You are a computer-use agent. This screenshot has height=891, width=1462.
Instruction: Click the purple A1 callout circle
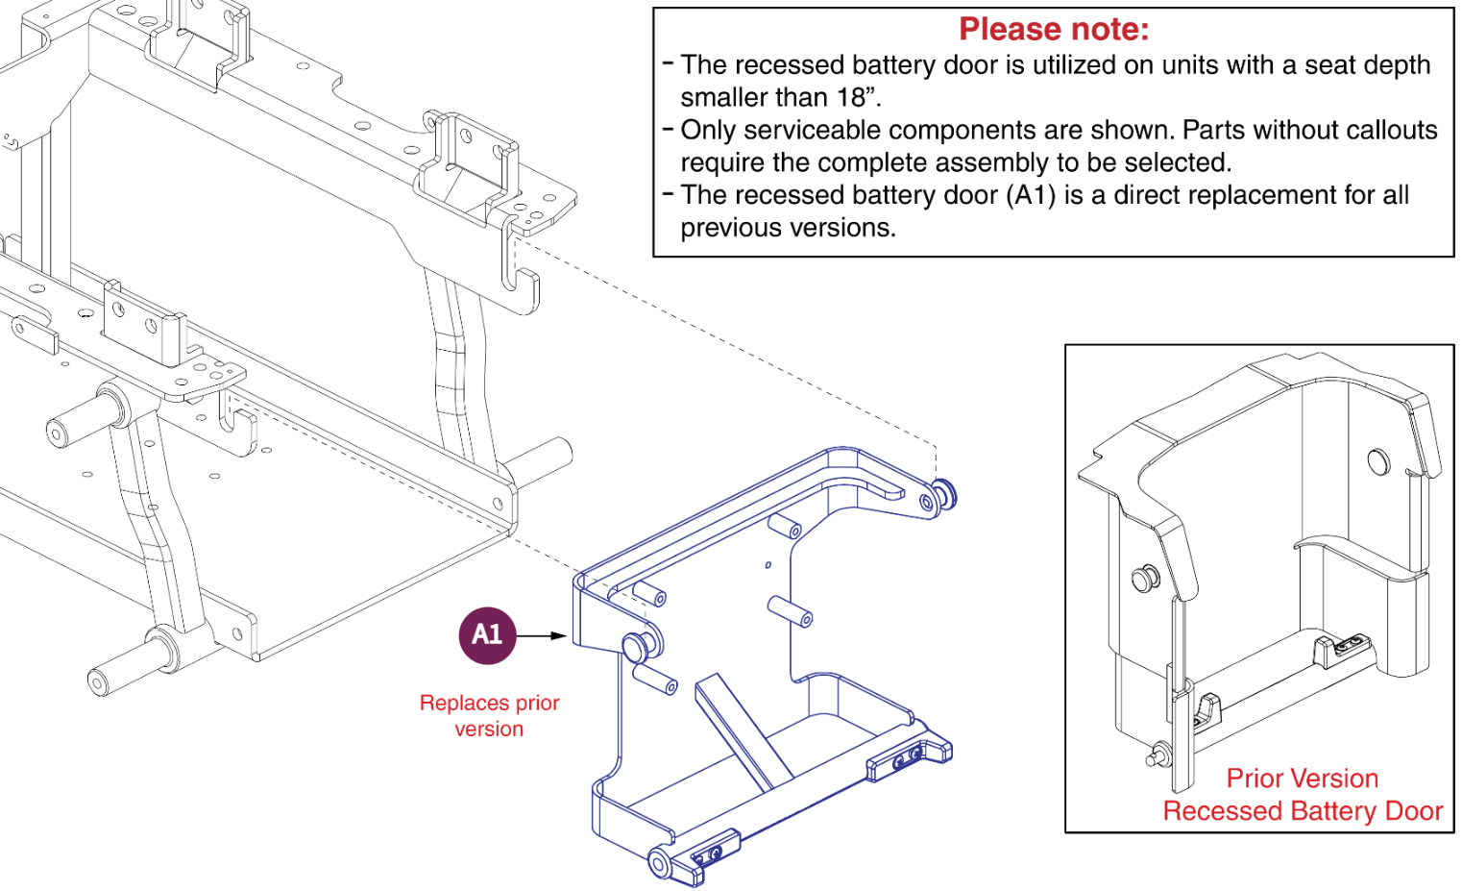(x=487, y=635)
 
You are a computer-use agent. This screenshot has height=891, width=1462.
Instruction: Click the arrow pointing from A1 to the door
(x=544, y=635)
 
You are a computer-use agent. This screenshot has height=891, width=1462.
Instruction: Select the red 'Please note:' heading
(x=1054, y=30)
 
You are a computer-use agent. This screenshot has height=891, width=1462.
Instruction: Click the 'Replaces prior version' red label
(x=489, y=716)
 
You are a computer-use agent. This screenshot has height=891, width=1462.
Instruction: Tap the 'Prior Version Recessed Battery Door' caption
(x=1302, y=795)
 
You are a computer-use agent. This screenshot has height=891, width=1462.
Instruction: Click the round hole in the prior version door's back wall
(x=1378, y=461)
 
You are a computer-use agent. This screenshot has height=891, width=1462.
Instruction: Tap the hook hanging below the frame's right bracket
(x=523, y=288)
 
